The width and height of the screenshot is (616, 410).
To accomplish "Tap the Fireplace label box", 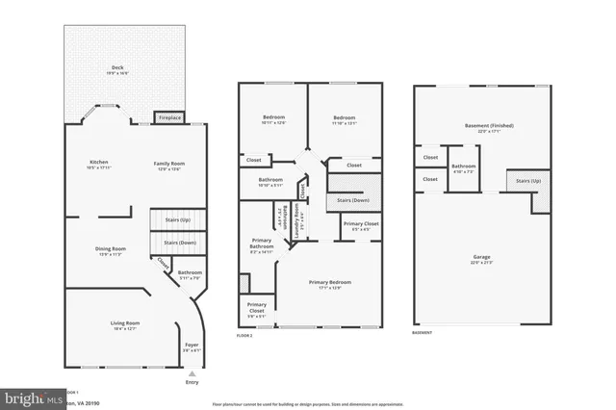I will pyautogui.click(x=169, y=117).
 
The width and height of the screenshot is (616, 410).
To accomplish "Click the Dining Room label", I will pyautogui.click(x=109, y=251).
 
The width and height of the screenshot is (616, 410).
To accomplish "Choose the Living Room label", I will pyautogui.click(x=125, y=324).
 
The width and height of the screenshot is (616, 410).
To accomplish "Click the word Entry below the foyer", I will pyautogui.click(x=192, y=381).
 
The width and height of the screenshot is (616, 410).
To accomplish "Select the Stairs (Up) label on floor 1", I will pyautogui.click(x=178, y=220).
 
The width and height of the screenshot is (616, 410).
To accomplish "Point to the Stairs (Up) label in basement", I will pyautogui.click(x=529, y=180).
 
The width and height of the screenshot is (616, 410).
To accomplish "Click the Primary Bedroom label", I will pyautogui.click(x=329, y=283).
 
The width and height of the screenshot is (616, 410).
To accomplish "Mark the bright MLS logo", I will pyautogui.click(x=29, y=395).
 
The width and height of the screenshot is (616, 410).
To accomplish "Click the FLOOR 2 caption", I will pyautogui.click(x=244, y=335).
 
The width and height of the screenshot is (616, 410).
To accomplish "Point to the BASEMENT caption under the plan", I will pyautogui.click(x=422, y=333).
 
